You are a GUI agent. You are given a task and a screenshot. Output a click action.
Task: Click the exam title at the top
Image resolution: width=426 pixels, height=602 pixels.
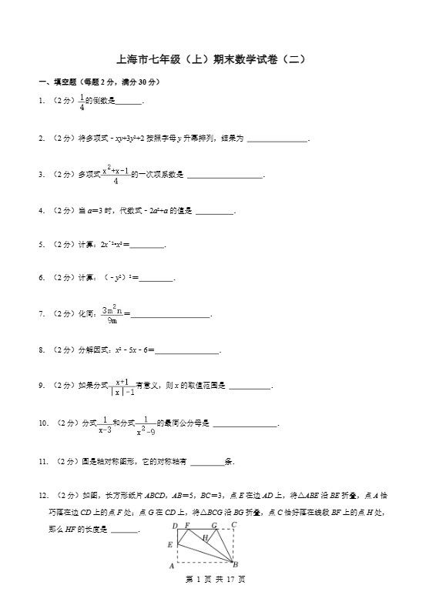[211, 59]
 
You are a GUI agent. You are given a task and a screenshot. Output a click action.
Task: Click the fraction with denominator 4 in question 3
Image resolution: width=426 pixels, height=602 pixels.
[116, 175]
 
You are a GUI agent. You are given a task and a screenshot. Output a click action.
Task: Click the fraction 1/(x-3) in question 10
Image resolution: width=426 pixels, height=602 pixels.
[104, 424]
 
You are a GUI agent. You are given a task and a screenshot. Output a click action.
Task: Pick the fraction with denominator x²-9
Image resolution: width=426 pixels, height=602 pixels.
[146, 424]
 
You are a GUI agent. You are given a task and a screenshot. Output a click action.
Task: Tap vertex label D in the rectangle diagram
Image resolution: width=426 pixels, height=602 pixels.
[175, 526]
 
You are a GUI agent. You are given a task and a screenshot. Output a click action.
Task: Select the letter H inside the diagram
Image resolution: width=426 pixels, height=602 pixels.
[206, 538]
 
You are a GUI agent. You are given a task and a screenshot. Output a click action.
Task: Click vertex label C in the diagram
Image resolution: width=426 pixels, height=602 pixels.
[233, 525]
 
